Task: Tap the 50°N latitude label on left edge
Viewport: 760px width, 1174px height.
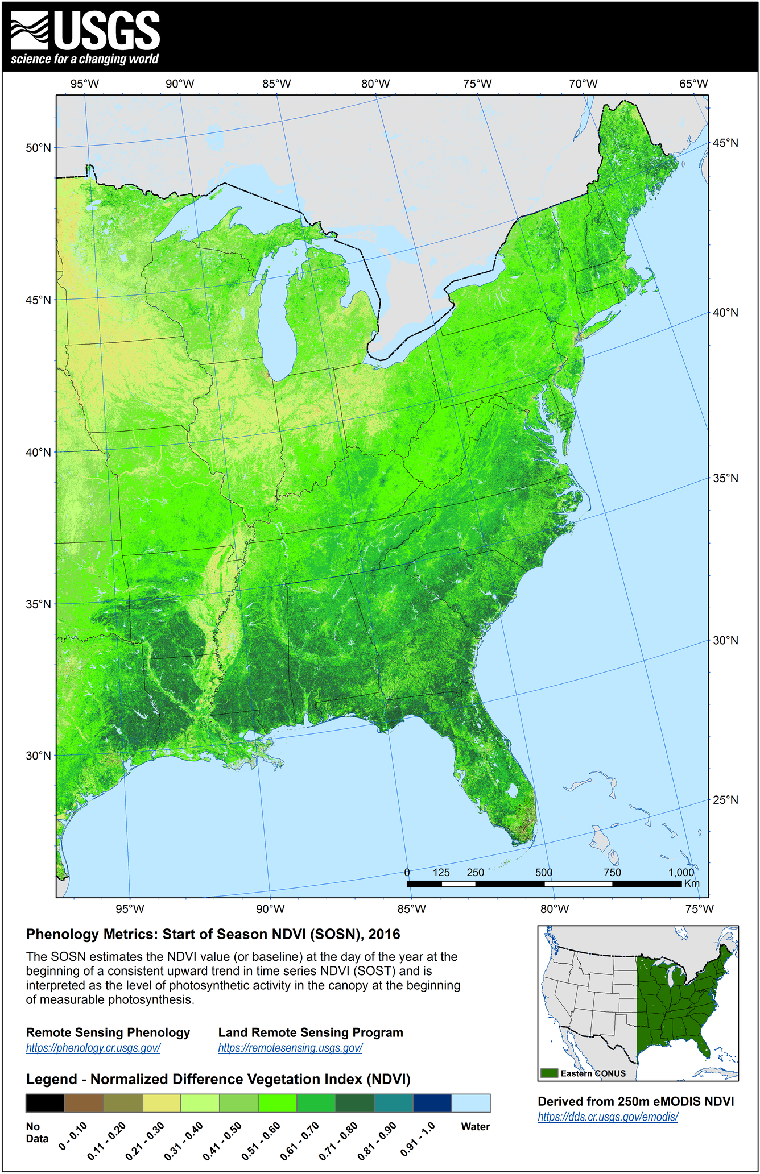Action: pyautogui.click(x=38, y=148)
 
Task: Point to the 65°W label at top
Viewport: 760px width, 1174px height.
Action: pyautogui.click(x=693, y=84)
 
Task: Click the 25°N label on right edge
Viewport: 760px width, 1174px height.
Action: pyautogui.click(x=725, y=800)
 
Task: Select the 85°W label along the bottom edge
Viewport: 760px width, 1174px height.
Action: pyautogui.click(x=411, y=909)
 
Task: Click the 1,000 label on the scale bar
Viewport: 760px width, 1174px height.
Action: pyautogui.click(x=681, y=873)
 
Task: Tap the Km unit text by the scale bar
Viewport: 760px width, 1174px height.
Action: pyautogui.click(x=691, y=883)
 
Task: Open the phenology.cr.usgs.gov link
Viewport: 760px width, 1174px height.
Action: pyautogui.click(x=93, y=1048)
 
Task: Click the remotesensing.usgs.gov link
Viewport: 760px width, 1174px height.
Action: pyautogui.click(x=290, y=1048)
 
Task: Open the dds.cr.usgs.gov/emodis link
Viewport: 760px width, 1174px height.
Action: pyautogui.click(x=608, y=1117)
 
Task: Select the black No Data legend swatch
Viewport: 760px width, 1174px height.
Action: pyautogui.click(x=45, y=1103)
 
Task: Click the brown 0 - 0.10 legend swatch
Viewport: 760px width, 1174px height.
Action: pyautogui.click(x=84, y=1103)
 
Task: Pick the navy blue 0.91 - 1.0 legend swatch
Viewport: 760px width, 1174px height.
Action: pyautogui.click(x=432, y=1103)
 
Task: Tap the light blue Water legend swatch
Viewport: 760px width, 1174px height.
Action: pyautogui.click(x=471, y=1103)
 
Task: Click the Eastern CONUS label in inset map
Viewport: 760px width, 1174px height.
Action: pyautogui.click(x=593, y=1073)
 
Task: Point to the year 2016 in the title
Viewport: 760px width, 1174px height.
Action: pyautogui.click(x=384, y=934)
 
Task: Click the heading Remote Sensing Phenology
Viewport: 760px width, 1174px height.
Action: pyautogui.click(x=108, y=1032)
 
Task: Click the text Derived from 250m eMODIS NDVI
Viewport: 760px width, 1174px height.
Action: pyautogui.click(x=635, y=1101)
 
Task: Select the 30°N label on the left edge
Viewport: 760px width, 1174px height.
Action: pyautogui.click(x=38, y=756)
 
